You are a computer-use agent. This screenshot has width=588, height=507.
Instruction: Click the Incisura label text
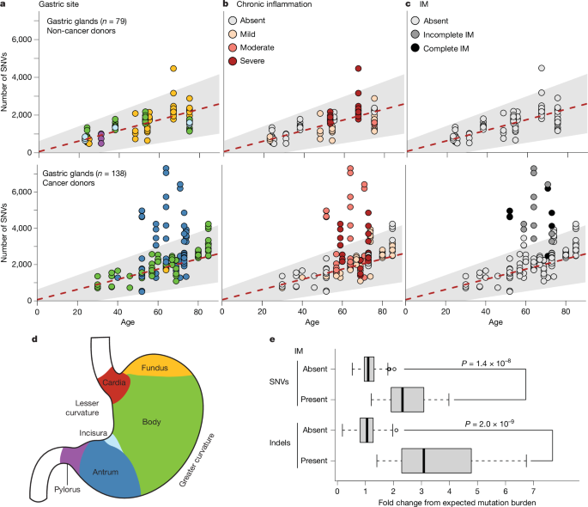click(x=94, y=434)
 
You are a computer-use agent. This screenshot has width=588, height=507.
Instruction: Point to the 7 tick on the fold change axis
click(x=533, y=486)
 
